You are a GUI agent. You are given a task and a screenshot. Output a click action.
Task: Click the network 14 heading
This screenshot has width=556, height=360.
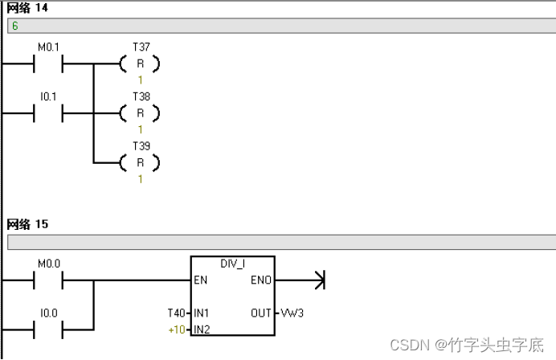click(27, 8)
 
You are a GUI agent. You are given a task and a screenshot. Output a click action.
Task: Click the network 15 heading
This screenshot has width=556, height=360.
click(27, 224)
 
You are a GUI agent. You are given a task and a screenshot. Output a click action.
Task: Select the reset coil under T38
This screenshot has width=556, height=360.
click(140, 113)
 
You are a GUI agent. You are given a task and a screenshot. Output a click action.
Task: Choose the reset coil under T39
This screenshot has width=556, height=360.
click(140, 162)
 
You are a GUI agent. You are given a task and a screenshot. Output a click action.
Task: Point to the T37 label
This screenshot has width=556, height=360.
click(141, 47)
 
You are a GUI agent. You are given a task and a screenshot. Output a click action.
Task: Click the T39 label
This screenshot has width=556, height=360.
click(141, 146)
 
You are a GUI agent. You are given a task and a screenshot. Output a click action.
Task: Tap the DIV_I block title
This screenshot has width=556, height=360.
click(232, 264)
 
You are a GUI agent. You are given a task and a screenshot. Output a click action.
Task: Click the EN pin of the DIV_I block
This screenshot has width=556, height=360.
click(200, 280)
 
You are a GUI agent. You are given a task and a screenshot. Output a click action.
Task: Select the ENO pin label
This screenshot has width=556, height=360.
click(261, 280)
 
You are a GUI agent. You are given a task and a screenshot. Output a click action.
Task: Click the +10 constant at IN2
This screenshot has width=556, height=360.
click(177, 329)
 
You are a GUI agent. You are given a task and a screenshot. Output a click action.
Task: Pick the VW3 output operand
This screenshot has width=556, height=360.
click(292, 312)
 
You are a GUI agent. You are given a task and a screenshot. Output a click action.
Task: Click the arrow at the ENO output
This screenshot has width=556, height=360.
click(319, 280)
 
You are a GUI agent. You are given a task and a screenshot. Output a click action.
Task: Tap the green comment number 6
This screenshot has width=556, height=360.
click(14, 26)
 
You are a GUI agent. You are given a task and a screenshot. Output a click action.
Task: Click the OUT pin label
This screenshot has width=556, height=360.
click(260, 312)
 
